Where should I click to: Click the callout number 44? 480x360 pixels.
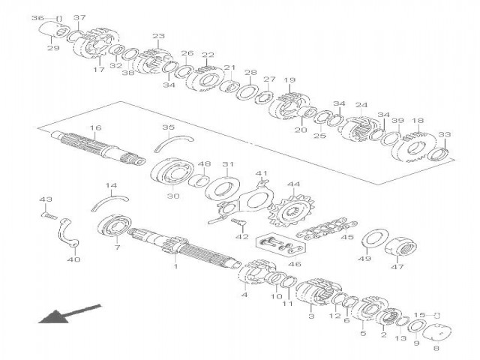pyautogui.click(x=293, y=184)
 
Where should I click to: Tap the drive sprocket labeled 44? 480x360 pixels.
pyautogui.click(x=283, y=209)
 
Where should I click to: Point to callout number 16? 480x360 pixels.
pyautogui.click(x=94, y=128)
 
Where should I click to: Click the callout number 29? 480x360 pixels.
pyautogui.click(x=52, y=48)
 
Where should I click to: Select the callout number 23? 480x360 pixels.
pyautogui.click(x=158, y=36)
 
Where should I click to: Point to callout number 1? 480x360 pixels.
pyautogui.click(x=176, y=265)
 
